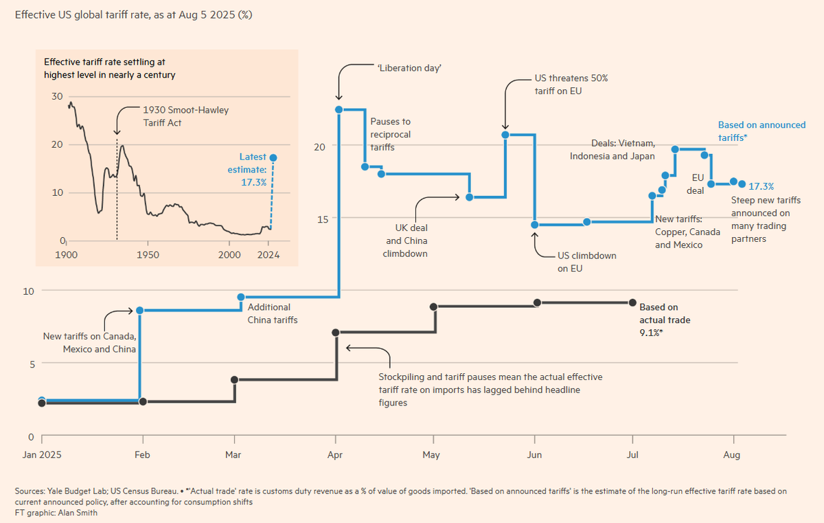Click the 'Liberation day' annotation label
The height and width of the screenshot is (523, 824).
coord(409,68)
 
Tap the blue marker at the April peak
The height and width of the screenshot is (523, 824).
coord(339,109)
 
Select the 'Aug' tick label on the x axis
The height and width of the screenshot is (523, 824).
coord(732,455)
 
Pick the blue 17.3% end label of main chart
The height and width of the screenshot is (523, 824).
coord(761,186)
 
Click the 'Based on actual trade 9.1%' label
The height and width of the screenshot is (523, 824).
coord(664,320)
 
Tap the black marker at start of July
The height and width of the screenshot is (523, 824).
coord(632,302)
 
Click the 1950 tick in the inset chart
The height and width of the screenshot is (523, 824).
coord(148,254)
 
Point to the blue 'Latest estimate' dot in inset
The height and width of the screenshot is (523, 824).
coord(273,157)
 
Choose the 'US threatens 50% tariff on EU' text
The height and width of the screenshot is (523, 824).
coord(571,85)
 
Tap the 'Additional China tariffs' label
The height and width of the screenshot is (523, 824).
coord(272,313)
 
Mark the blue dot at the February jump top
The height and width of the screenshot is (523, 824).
coord(140,310)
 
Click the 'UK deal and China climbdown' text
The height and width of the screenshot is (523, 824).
coord(407,241)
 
